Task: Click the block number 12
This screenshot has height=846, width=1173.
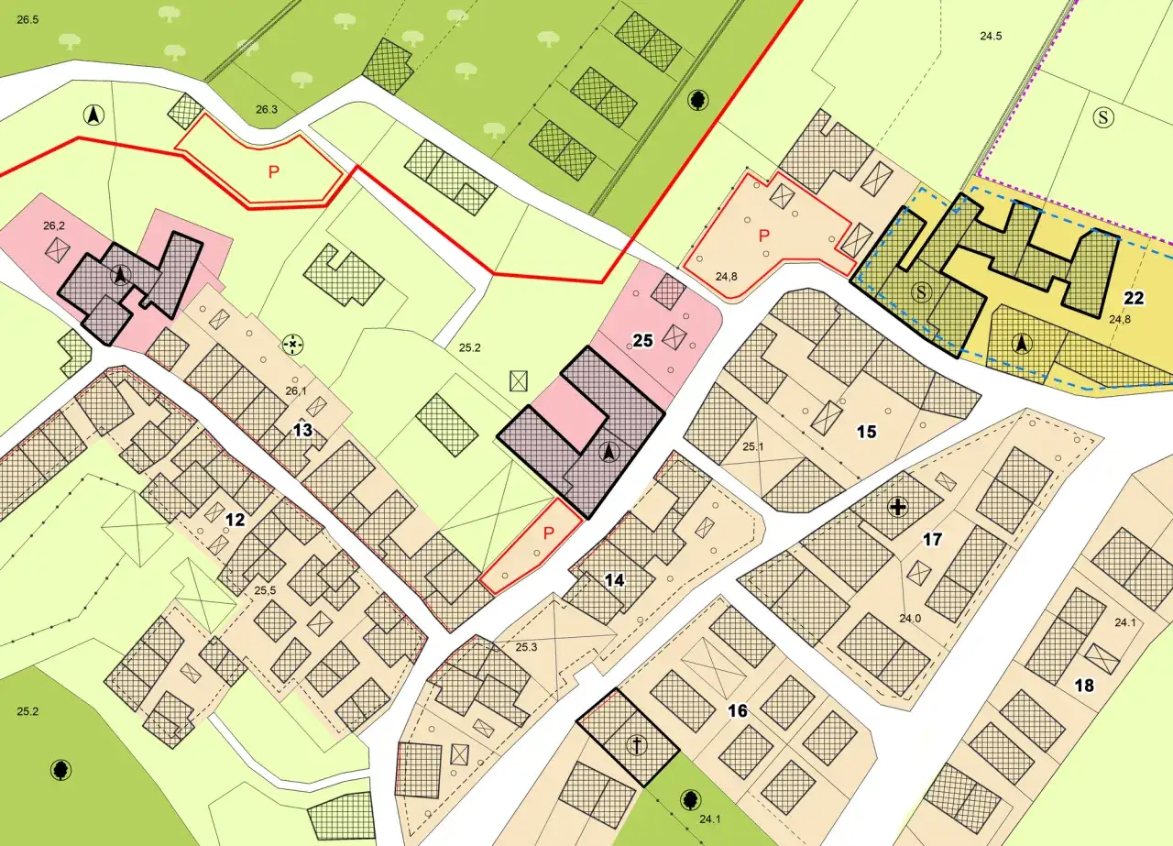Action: [x=236, y=520]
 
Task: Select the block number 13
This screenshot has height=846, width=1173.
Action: [x=303, y=430]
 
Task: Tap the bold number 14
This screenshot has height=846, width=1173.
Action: [x=614, y=579]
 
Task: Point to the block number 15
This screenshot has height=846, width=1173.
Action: [x=866, y=431]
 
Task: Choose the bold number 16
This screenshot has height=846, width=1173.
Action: [x=739, y=710]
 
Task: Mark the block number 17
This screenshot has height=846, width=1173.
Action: [x=932, y=540]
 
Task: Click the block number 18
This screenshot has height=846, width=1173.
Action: [x=1084, y=686]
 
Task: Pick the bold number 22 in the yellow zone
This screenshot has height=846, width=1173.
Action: [x=1134, y=297]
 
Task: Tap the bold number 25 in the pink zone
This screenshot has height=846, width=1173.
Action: [x=642, y=341]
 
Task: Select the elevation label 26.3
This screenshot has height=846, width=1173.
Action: [x=266, y=110]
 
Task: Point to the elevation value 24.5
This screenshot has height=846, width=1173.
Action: [x=991, y=37]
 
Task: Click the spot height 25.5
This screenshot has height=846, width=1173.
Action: [x=265, y=590]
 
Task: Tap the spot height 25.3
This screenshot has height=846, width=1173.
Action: [x=526, y=648]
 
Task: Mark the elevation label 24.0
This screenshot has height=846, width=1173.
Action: [x=909, y=619]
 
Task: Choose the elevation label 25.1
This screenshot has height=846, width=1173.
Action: [x=753, y=446]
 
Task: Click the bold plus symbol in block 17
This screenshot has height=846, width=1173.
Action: [x=897, y=507]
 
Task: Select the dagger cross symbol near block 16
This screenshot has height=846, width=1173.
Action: [x=634, y=745]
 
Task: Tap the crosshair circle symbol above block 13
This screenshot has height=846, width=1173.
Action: [x=292, y=344]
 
